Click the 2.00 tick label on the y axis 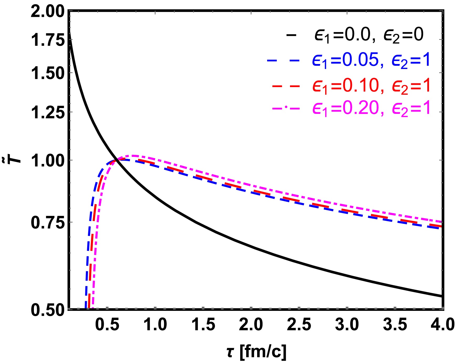[48, 12]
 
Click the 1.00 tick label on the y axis [48, 161]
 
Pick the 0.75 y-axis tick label [48, 223]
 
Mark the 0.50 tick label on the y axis [48, 310]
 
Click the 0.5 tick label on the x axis [107, 324]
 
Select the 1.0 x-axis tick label [155, 324]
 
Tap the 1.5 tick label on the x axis [203, 324]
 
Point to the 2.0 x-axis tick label [251, 324]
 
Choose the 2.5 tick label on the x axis [299, 324]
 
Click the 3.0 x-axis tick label [347, 324]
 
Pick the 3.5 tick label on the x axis [395, 324]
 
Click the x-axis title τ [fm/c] [256, 352]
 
